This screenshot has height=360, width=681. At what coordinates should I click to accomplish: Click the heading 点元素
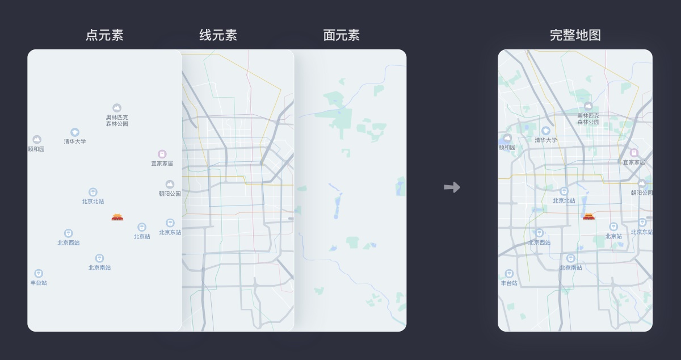pos(104,35)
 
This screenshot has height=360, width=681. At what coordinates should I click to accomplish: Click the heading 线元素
pos(218,35)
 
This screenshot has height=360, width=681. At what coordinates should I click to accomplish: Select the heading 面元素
pos(342,35)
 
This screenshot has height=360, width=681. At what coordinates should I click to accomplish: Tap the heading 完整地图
pos(575,35)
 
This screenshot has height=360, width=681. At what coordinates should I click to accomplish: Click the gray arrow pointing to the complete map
pos(452,187)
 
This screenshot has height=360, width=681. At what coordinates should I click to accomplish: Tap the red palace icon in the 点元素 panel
pos(117,217)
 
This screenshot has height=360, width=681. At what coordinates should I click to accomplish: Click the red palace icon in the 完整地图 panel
pos(589,216)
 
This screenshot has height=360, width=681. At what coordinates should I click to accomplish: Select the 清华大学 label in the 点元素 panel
pos(75,141)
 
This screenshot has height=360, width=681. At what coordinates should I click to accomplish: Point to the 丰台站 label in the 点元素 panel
pos(39,283)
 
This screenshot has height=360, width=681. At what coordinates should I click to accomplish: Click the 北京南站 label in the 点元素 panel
pos(99,267)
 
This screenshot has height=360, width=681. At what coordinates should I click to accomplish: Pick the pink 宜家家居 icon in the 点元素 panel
pos(162,154)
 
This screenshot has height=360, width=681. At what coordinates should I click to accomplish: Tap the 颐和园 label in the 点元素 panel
pos(36,149)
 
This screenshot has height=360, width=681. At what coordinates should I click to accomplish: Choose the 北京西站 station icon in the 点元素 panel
pos(69,233)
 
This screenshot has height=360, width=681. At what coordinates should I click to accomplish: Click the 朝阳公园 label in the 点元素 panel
pos(170,194)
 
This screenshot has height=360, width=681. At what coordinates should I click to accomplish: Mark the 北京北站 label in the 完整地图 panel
pos(564,200)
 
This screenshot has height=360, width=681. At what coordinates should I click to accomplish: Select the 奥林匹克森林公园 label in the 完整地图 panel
pos(588,119)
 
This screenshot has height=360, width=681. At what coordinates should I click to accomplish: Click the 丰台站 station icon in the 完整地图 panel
pos(509,273)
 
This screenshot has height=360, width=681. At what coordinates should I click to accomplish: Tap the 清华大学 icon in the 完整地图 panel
pos(546,131)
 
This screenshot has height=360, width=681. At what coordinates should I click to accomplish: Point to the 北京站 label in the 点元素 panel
pos(142,236)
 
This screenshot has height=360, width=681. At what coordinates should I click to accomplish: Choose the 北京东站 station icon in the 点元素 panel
pos(170,223)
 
